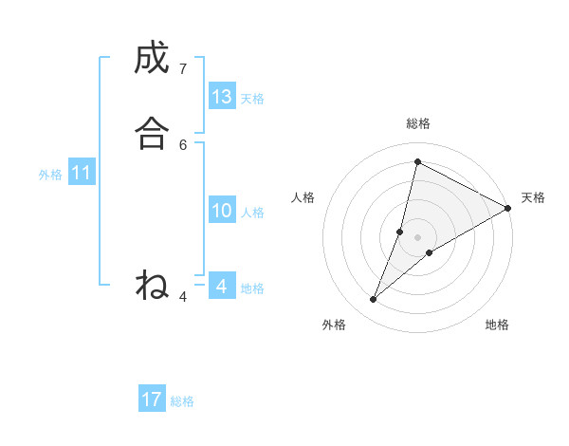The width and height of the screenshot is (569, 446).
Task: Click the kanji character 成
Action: (x=152, y=59)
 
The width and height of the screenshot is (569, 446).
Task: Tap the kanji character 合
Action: (x=152, y=134)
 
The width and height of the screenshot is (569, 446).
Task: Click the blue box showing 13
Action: (x=222, y=97)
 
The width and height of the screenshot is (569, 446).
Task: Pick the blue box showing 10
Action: (x=222, y=211)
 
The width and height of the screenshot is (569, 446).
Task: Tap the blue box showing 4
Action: (x=222, y=286)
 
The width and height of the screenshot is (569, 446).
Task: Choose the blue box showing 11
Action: (x=81, y=174)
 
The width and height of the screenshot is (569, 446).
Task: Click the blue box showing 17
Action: (x=152, y=400)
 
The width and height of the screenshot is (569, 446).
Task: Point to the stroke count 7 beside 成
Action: (x=182, y=68)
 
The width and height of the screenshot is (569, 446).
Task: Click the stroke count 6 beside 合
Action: (x=183, y=144)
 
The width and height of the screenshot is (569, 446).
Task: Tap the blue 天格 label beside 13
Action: (x=252, y=99)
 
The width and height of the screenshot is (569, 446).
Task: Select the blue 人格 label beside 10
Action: (x=252, y=213)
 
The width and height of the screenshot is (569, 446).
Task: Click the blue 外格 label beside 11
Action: (x=50, y=175)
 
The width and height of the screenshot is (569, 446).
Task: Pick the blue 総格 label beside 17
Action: (x=182, y=401)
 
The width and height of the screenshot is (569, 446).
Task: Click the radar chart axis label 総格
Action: (x=418, y=123)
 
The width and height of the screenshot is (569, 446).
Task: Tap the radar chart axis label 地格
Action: (x=497, y=325)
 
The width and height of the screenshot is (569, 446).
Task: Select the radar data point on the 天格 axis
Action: (x=507, y=208)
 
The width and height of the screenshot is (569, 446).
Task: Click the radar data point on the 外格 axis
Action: (x=374, y=300)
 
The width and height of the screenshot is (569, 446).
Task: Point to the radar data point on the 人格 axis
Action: (x=400, y=231)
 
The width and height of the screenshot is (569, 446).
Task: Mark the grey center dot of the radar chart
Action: (x=418, y=236)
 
